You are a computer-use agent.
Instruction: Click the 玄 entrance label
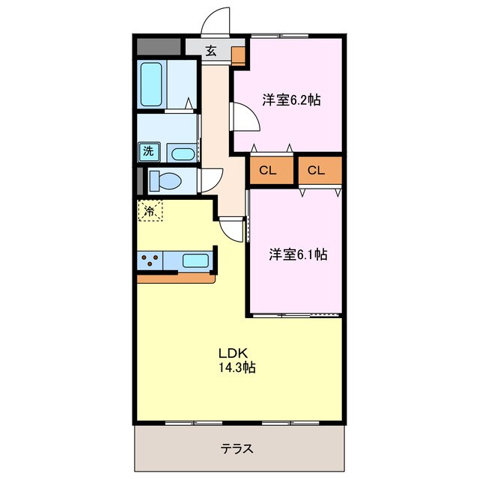211,52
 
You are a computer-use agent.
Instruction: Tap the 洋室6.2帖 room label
290,100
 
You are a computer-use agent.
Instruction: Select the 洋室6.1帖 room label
298,254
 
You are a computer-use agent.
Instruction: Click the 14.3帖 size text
238,367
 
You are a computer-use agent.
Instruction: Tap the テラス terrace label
237,449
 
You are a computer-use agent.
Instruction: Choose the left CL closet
268,171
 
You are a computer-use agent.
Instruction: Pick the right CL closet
316,171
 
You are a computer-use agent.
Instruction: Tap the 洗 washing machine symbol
148,151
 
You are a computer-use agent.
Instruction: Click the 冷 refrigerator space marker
150,211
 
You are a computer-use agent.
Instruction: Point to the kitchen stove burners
151,261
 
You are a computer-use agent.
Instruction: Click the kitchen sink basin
195,261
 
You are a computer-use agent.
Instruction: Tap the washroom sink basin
182,155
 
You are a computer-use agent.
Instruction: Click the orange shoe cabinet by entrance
238,55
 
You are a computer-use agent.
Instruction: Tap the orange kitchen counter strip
177,278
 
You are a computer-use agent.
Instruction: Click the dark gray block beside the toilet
139,180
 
